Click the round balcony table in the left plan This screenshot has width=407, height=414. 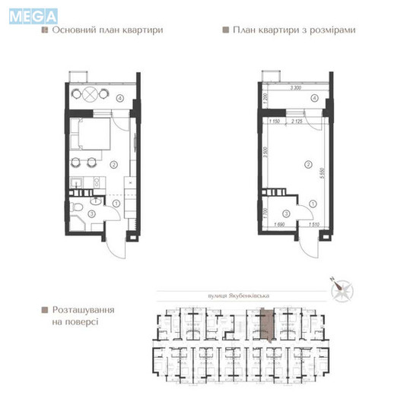pyautogui.click(x=89, y=95)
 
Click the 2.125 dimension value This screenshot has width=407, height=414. pyautogui.click(x=300, y=120)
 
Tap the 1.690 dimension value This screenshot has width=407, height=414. pyautogui.click(x=278, y=225)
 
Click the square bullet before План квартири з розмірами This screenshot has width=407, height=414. pyautogui.click(x=225, y=31)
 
